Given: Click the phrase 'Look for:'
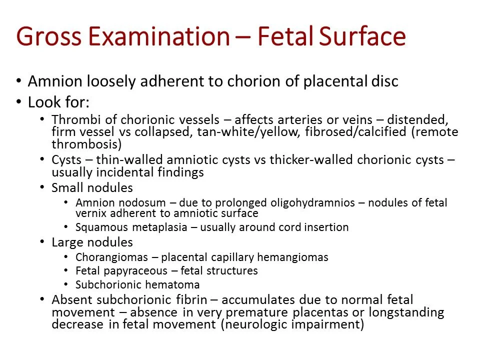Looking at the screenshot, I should (x=58, y=103).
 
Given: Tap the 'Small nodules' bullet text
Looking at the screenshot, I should (x=92, y=188).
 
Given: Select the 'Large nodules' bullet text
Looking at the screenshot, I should (x=92, y=242).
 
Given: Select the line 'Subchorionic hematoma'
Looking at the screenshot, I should (x=137, y=285).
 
